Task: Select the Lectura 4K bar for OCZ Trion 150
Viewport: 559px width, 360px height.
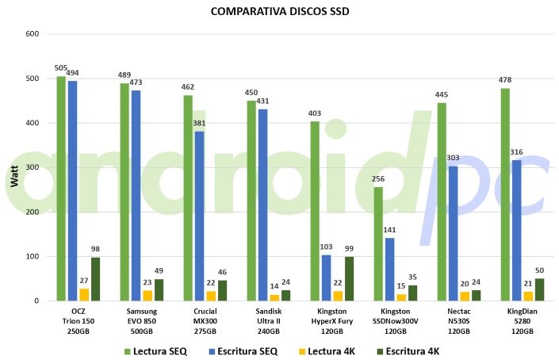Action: pos(84,295)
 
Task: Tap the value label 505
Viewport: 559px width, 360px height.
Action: pos(61,69)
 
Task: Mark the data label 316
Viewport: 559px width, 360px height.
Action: pos(516,153)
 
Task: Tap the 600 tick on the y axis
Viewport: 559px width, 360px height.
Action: pos(33,34)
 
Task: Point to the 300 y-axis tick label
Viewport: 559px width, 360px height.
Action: pos(33,168)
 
